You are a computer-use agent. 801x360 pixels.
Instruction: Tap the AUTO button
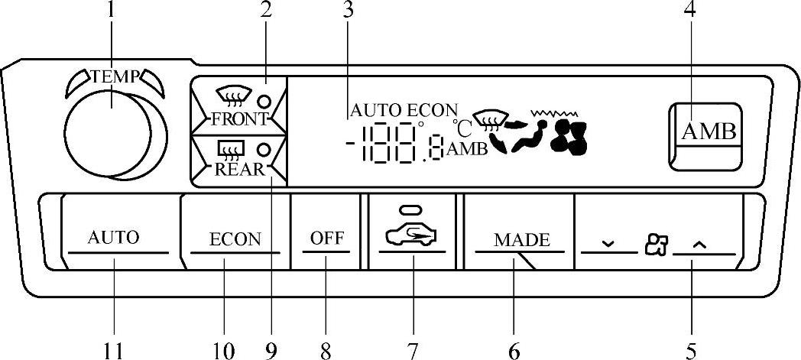pos(113,237)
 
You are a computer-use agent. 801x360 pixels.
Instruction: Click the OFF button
pos(326,238)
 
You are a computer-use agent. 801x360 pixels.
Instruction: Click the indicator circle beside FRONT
pos(264,101)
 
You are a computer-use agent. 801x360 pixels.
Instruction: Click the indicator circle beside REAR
pos(264,149)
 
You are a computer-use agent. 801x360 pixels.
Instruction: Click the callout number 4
pos(690,11)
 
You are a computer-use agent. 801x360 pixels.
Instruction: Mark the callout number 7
pos(412,351)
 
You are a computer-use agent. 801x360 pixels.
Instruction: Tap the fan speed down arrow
pos(608,244)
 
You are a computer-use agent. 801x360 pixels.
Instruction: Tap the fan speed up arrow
pos(700,244)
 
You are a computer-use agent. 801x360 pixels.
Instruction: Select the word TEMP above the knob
pos(115,76)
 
